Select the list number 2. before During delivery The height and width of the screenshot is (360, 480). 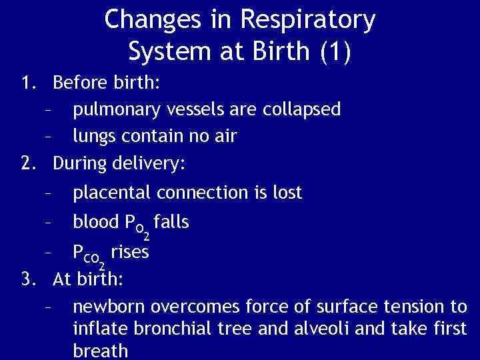pyautogui.click(x=29, y=162)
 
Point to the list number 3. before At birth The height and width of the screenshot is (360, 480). pyautogui.click(x=29, y=279)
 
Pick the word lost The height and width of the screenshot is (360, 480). pyautogui.click(x=288, y=193)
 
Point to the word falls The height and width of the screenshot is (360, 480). pyautogui.click(x=171, y=221)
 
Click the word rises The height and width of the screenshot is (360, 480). pyautogui.click(x=130, y=253)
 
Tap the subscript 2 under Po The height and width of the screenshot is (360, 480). pyautogui.click(x=146, y=236)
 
